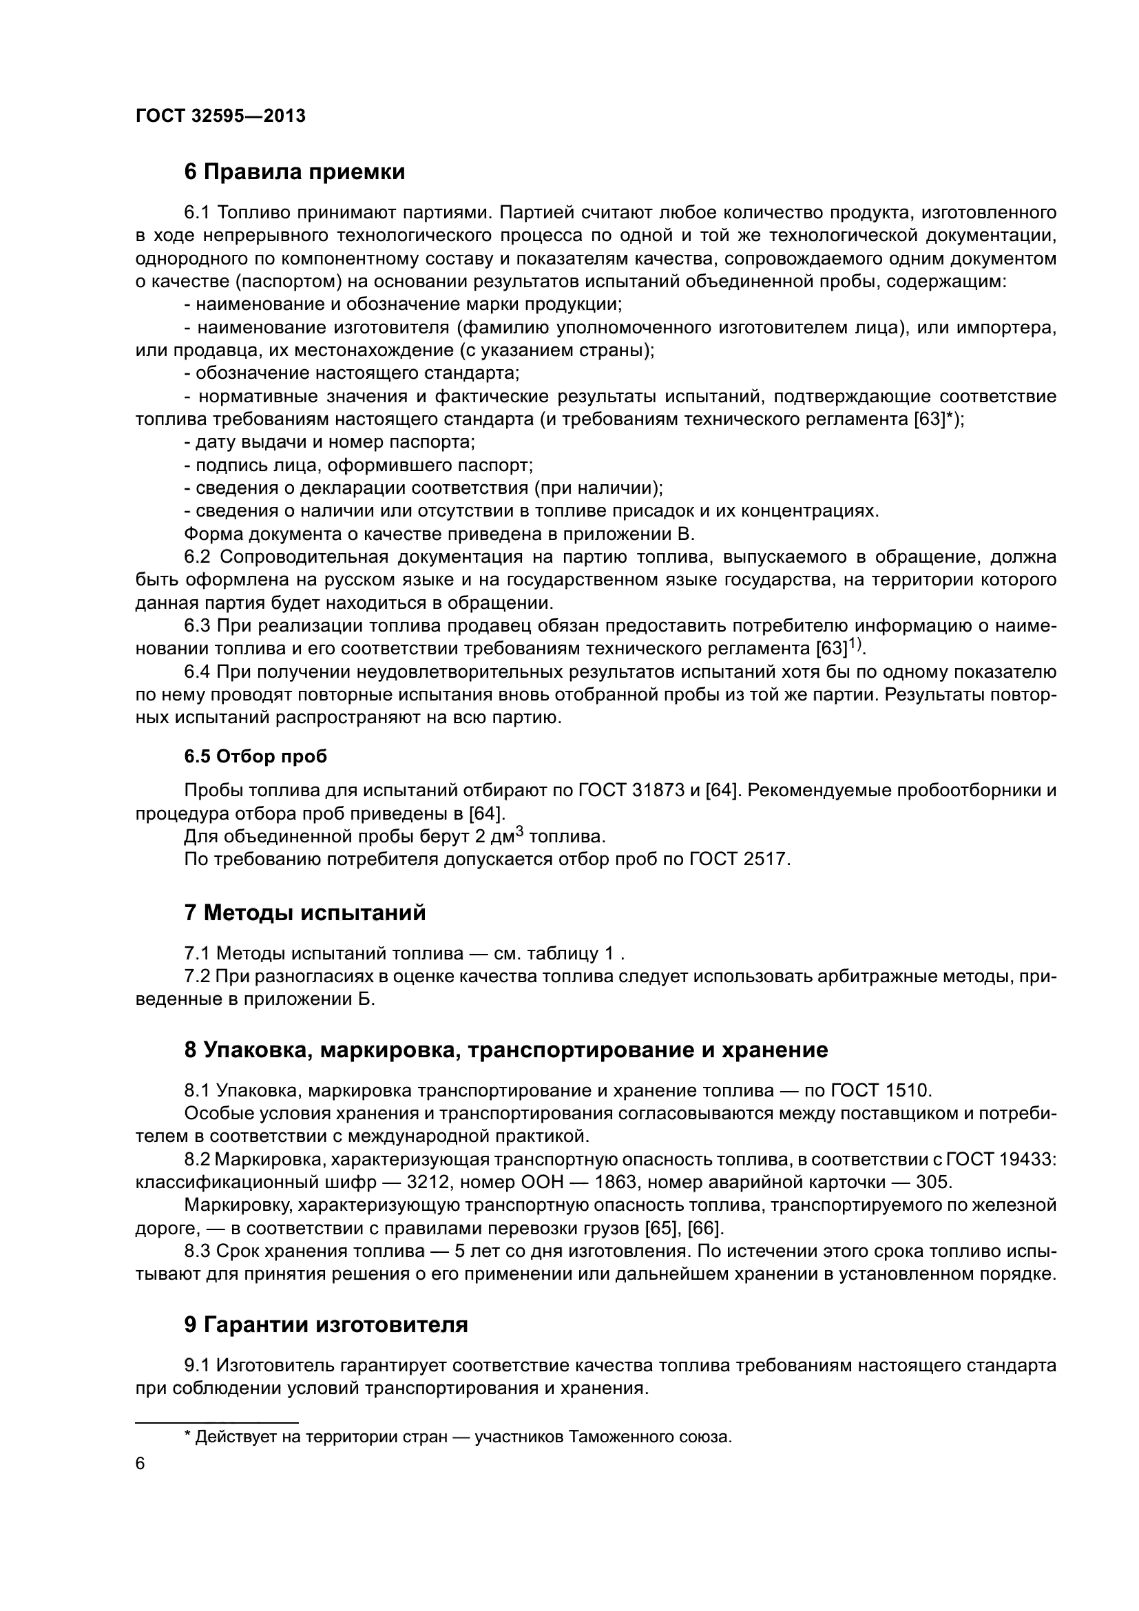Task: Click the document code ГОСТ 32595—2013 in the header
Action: coord(220,116)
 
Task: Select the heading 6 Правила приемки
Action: coord(295,172)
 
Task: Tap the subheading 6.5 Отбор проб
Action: coord(255,756)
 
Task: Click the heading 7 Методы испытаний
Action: coord(304,913)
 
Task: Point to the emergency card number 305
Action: coord(933,1183)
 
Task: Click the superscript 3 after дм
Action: coord(520,831)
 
